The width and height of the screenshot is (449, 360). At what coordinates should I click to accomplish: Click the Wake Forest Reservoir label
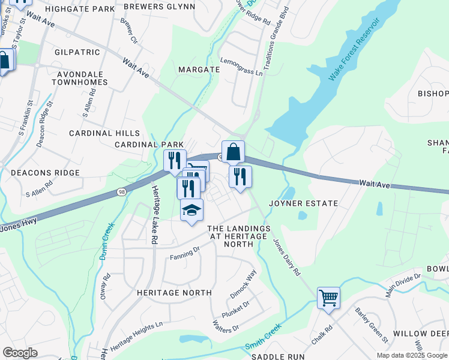click(354, 50)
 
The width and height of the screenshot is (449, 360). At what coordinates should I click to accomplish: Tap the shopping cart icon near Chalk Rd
click(328, 297)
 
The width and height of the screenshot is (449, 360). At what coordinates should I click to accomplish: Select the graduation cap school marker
click(191, 210)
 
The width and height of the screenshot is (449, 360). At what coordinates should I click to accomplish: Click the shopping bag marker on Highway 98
click(233, 152)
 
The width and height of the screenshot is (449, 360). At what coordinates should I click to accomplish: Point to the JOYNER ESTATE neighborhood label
click(303, 203)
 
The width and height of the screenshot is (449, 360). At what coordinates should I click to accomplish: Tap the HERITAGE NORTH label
click(174, 293)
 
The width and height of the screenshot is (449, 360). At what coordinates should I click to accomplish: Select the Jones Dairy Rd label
click(287, 257)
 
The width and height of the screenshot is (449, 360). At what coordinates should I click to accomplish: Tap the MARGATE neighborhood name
click(199, 70)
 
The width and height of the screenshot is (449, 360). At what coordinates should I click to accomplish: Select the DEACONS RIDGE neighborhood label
click(45, 173)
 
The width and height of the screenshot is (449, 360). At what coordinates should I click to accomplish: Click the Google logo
click(20, 353)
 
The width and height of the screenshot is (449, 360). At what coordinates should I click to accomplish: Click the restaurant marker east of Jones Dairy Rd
click(240, 176)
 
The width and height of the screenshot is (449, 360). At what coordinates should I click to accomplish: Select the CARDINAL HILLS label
click(104, 133)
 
